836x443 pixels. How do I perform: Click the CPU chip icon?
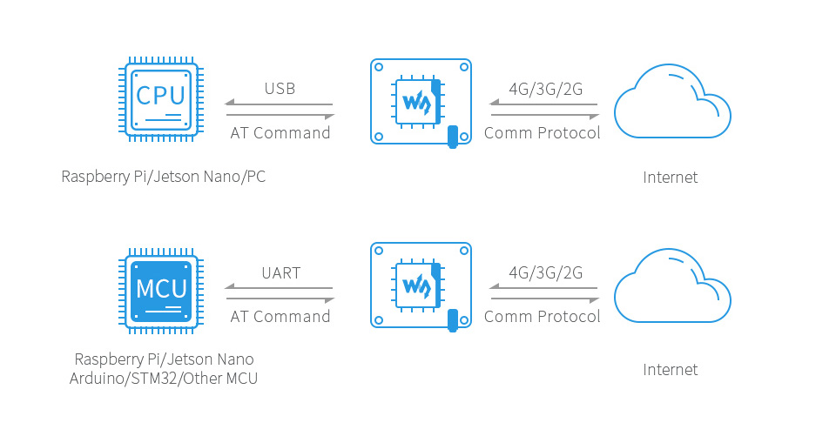(161, 99)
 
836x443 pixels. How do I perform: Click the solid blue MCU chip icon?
(161, 291)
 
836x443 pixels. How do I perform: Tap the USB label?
(280, 89)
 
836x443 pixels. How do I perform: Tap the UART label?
(281, 273)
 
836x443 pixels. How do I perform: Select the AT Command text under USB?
(280, 133)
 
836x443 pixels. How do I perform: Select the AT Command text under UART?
(280, 317)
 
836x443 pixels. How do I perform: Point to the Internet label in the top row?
(671, 178)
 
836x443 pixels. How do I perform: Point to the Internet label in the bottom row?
(671, 370)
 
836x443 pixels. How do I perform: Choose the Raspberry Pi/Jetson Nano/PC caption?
(164, 177)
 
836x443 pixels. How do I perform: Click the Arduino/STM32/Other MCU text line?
(164, 379)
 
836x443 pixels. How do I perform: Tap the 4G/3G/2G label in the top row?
(545, 89)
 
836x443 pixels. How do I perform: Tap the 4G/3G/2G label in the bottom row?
(545, 273)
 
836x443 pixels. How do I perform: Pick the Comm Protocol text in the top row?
(543, 133)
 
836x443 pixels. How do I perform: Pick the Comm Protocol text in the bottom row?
(543, 317)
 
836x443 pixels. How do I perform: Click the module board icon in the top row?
(421, 102)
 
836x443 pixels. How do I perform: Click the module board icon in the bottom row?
(421, 285)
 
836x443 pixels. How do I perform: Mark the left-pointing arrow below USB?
(279, 104)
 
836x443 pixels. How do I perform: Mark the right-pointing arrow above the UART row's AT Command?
(280, 299)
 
